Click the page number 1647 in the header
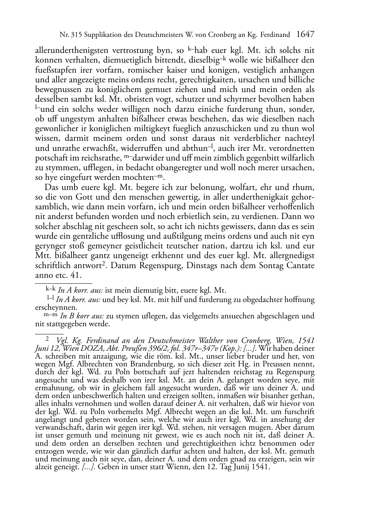coord(305,35)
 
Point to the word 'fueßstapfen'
coord(54,70)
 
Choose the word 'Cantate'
coord(300,265)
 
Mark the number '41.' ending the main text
coord(76,276)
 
